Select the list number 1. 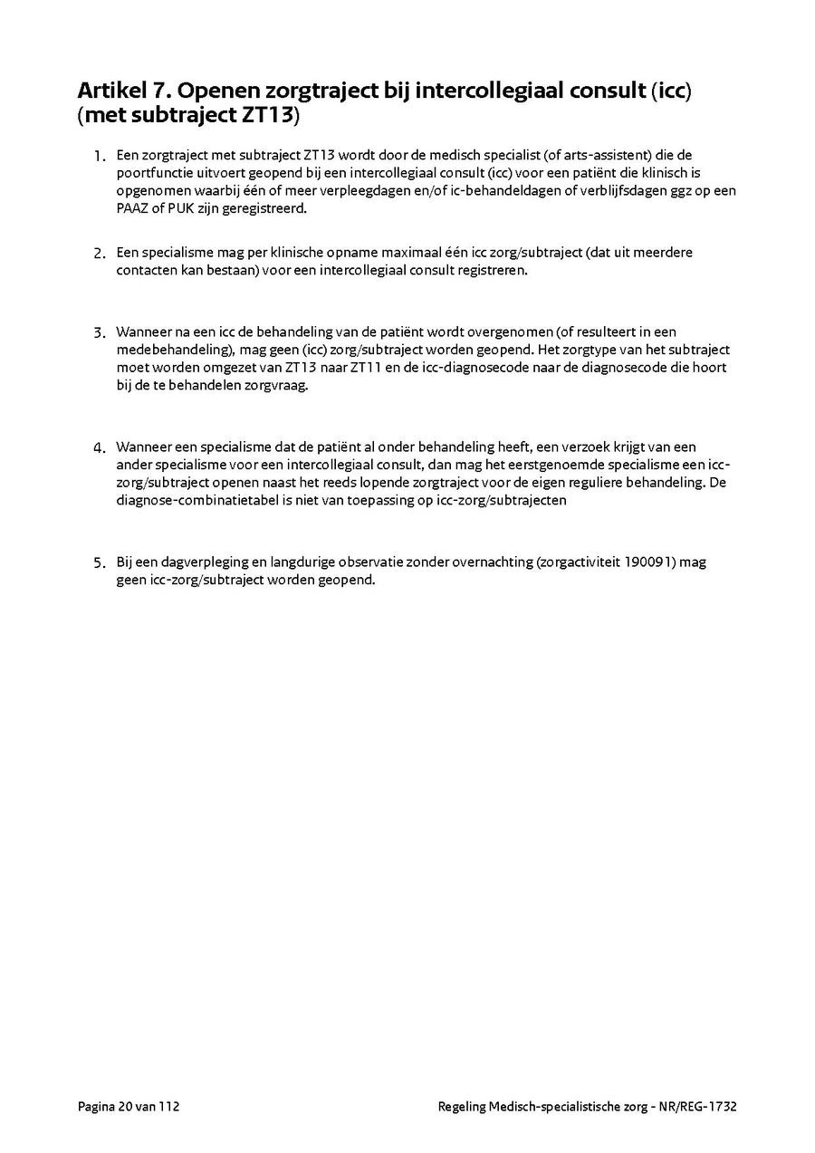(99, 157)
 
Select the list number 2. (99, 254)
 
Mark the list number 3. (99, 332)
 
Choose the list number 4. (99, 448)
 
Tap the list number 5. (99, 563)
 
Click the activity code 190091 (648, 562)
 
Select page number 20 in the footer (124, 1106)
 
